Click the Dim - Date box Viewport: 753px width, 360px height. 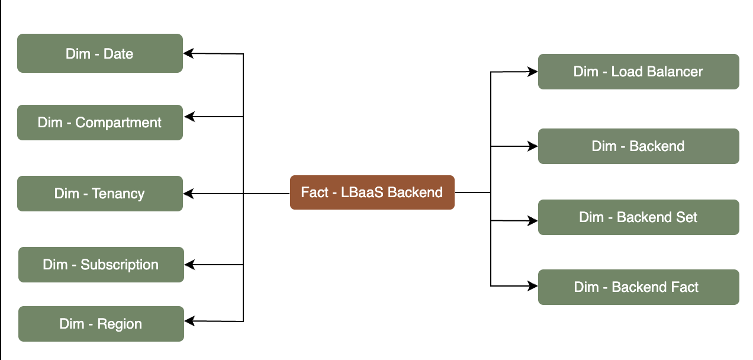point(99,53)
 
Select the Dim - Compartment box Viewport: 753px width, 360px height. point(99,123)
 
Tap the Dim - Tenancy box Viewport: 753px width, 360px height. point(99,194)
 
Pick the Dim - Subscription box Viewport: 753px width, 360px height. point(101,265)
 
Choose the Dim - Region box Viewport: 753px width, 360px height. point(101,324)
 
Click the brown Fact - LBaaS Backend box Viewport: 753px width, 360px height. point(372,192)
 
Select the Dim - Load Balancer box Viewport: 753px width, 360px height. point(638,72)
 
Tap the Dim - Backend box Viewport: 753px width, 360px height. point(638,146)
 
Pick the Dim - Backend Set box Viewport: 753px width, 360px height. point(638,217)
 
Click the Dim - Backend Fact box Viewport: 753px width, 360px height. point(638,287)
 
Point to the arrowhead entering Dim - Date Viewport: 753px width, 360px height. point(188,53)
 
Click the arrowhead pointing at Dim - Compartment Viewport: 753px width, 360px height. point(188,117)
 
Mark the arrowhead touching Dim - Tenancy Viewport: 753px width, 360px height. point(188,194)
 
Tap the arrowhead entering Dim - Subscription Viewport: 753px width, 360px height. point(189,265)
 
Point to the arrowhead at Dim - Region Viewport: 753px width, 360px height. point(189,321)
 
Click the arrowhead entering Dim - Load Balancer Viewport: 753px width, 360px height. point(533,72)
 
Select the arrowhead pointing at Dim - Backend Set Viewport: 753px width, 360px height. point(533,221)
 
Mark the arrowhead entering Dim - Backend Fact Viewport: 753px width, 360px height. point(533,286)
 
